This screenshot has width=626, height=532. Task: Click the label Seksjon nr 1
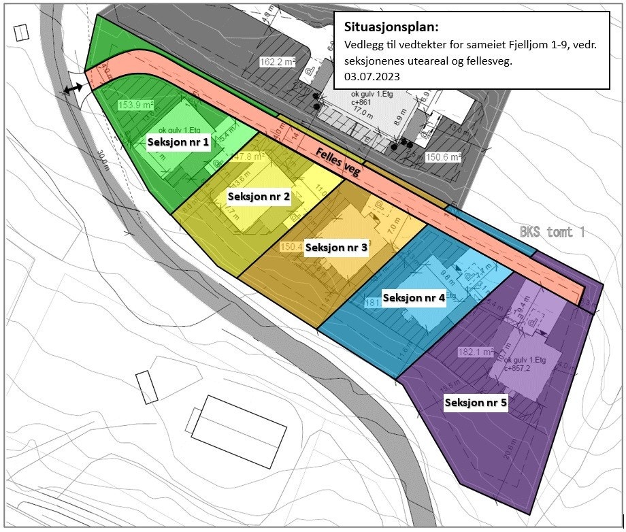[178, 142]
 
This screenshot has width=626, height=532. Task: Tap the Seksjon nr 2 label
[259, 196]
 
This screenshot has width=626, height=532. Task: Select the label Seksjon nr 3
[336, 247]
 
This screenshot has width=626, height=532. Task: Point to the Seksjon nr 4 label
[414, 297]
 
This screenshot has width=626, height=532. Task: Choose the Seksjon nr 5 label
[476, 403]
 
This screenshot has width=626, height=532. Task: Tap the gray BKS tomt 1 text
[552, 232]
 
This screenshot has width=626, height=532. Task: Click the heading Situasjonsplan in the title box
[391, 28]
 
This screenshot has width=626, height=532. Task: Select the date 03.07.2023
[372, 77]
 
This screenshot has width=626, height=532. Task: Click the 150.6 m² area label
[444, 157]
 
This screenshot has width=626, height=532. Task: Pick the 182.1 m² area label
[474, 352]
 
